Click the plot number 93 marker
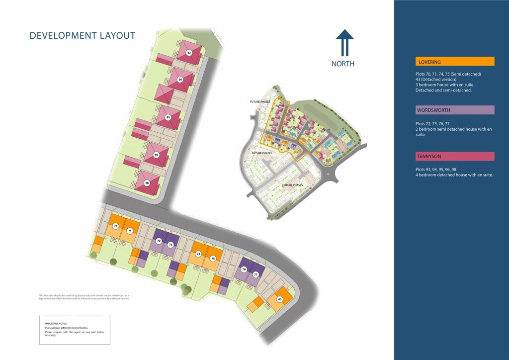pos(189,52)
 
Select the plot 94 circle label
pos(180,80)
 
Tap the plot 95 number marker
pos(168,118)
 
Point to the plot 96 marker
pos(157,155)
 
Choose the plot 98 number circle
pos(147,183)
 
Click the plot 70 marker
pos(116,226)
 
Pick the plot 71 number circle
pos(129,231)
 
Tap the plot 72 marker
pos(159,241)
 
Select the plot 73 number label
pos(170,245)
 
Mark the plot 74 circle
pos(199,254)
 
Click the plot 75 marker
pos(213,259)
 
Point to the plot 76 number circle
pos(244,270)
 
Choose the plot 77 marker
pos(256,274)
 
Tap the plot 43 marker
pos(280,299)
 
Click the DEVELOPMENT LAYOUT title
pos(83,35)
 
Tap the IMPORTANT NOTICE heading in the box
pos(53,324)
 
